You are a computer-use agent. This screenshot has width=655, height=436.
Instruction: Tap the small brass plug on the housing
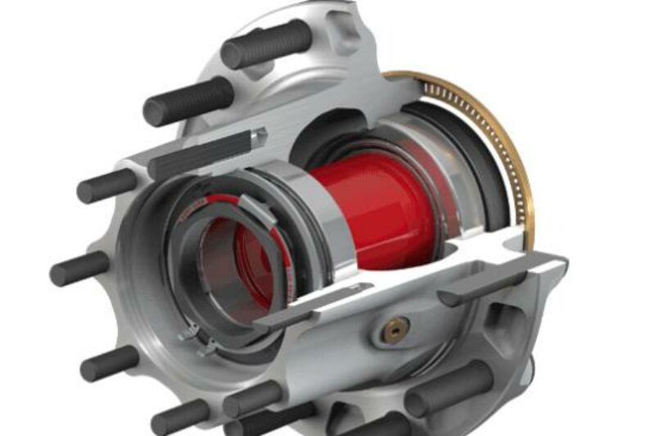(x=396, y=329)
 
